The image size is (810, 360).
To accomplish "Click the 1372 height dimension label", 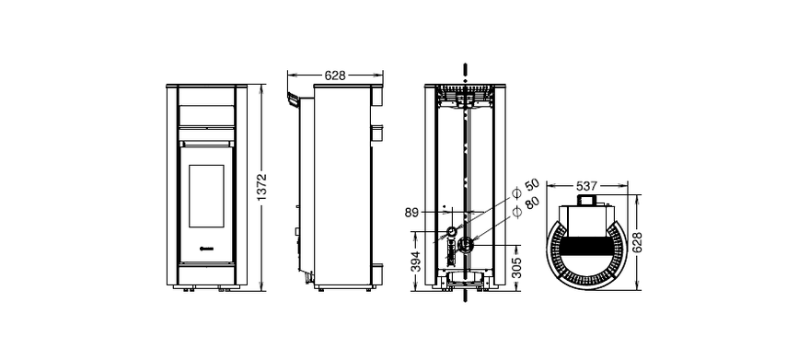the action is pos(261,188).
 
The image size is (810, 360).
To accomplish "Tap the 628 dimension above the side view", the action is pos(335,75).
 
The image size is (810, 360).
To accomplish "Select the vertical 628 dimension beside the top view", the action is pos(637,242).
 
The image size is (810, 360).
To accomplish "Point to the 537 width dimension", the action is pos(587,185).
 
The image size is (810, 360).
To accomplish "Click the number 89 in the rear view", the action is pos(411,213).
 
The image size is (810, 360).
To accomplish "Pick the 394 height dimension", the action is pos(416,261).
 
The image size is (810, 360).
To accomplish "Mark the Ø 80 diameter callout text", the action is pos(526,205).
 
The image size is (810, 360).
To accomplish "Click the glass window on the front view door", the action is pos(206,196).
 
